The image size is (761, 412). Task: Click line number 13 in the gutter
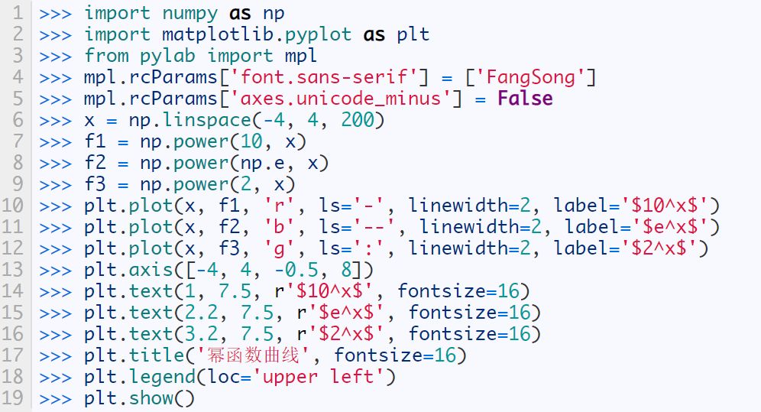coord(16,270)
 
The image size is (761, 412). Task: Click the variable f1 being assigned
coord(96,141)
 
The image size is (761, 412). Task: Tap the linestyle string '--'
coord(381,227)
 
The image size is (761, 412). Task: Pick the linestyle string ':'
coord(376,248)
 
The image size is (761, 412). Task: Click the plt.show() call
coord(140,398)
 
